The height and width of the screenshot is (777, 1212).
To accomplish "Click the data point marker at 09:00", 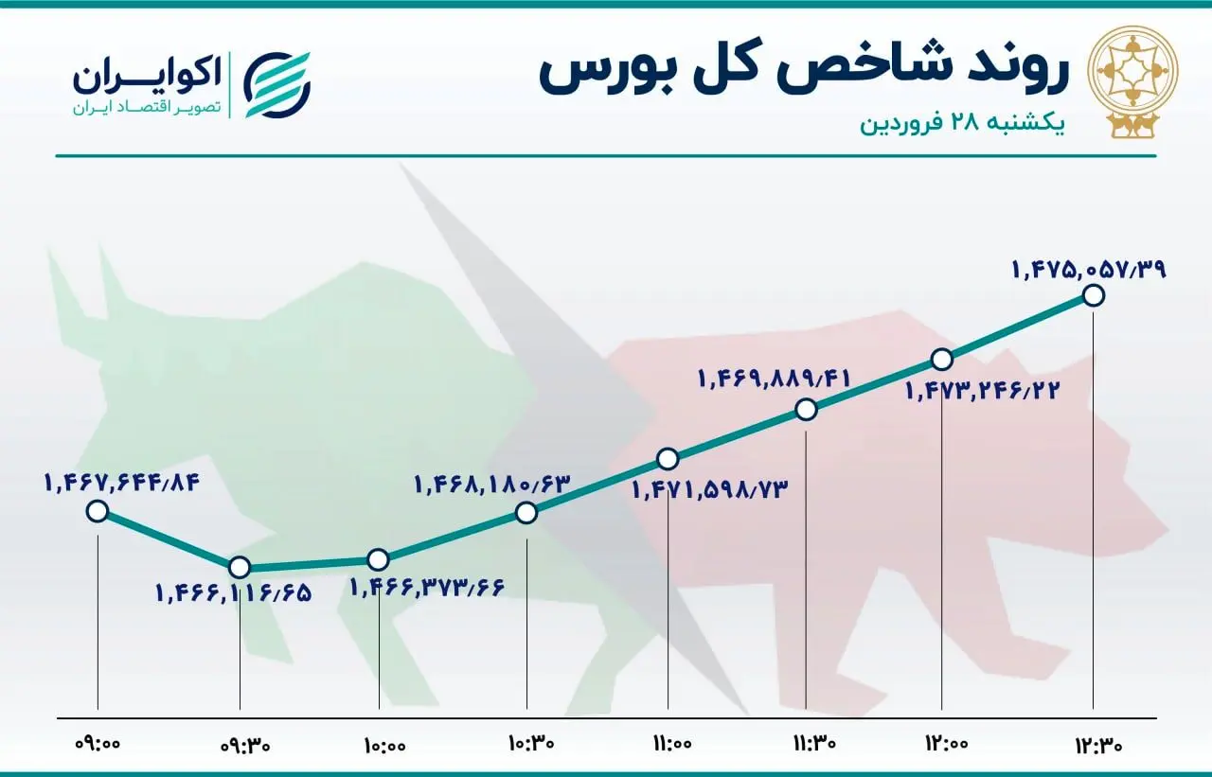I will (x=97, y=512).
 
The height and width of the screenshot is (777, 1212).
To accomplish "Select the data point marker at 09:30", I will (x=240, y=567).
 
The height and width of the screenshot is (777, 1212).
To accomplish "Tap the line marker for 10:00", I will (x=378, y=559).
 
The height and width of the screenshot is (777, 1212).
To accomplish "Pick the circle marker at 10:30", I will (x=526, y=512).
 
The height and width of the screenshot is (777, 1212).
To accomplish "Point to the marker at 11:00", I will (x=668, y=459).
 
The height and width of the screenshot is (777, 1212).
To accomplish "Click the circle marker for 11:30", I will (x=806, y=409).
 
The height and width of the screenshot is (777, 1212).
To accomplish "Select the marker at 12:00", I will (x=941, y=360).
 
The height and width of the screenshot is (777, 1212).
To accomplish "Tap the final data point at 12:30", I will (x=1093, y=295).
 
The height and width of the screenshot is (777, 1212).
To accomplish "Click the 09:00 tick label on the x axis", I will (x=98, y=744).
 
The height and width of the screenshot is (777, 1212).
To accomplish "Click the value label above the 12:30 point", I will (x=1089, y=270).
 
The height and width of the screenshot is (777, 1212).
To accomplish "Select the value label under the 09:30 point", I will (x=233, y=594).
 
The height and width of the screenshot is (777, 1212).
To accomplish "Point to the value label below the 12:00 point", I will (x=982, y=389).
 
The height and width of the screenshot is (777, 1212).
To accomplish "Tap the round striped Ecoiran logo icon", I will (x=277, y=82).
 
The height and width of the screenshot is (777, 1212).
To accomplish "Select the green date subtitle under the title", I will (x=962, y=125).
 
